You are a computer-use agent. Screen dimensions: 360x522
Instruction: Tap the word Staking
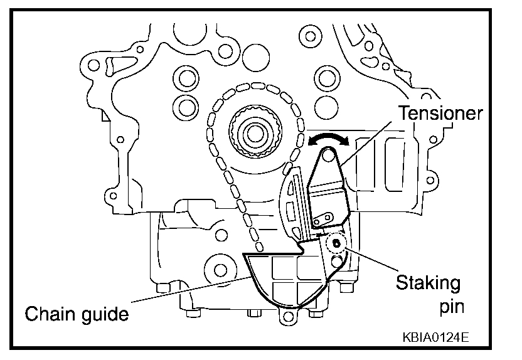(428, 283)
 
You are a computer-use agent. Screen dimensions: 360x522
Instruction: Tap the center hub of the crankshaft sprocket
(255, 133)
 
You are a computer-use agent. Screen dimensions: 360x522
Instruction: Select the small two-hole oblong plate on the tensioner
(326, 219)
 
